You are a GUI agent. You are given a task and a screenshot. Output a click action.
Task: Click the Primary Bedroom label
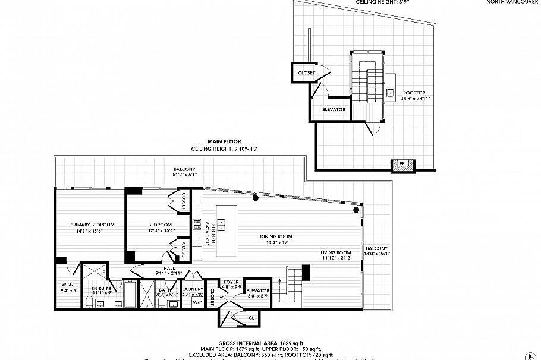click(x=92, y=225)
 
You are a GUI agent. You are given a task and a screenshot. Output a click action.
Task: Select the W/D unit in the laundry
click(x=196, y=303)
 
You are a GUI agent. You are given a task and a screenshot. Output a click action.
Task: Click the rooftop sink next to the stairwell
click(x=389, y=93)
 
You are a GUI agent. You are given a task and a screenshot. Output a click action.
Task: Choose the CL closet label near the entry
click(x=251, y=318)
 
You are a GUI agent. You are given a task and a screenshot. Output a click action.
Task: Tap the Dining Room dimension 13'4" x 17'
click(x=274, y=242)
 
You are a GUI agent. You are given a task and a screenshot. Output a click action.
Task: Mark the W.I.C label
click(x=67, y=284)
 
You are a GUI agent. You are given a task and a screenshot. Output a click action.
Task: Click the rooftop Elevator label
click(x=334, y=109)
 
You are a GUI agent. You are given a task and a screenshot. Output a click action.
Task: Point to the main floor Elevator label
click(x=258, y=290)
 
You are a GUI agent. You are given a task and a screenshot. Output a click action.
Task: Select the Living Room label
click(x=336, y=253)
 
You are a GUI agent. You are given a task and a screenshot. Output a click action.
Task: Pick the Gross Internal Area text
click(x=261, y=343)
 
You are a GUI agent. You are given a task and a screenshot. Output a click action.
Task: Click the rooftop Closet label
click(x=306, y=72)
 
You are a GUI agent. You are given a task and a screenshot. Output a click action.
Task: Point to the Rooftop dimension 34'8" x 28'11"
click(x=414, y=99)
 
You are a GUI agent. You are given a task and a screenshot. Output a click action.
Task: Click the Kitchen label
click(x=213, y=235)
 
